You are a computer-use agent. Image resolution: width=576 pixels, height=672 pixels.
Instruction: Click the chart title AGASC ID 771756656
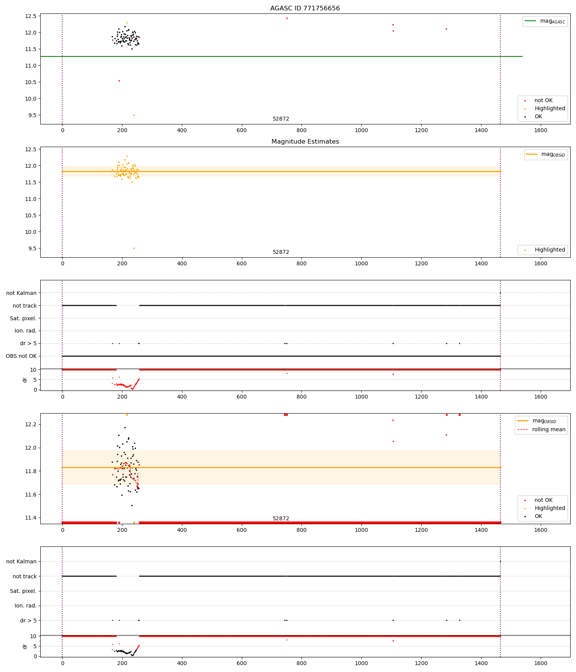pyautogui.click(x=305, y=8)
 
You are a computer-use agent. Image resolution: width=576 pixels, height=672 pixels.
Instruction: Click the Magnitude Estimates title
pyautogui.click(x=305, y=142)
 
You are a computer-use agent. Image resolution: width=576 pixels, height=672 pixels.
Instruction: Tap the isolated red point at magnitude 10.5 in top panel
pyautogui.click(x=119, y=81)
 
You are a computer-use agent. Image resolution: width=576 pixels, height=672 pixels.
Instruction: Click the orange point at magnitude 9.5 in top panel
pyautogui.click(x=134, y=115)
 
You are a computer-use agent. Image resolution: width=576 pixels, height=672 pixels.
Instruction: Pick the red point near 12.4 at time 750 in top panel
pyautogui.click(x=287, y=18)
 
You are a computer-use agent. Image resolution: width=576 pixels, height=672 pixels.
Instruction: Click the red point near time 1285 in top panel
pyautogui.click(x=446, y=29)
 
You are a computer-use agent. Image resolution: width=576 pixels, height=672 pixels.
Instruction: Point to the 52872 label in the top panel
pyautogui.click(x=281, y=119)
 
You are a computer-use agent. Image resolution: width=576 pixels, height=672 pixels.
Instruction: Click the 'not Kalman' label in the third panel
pyautogui.click(x=22, y=293)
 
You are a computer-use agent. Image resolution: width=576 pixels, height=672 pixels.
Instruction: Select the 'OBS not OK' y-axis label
pyautogui.click(x=21, y=356)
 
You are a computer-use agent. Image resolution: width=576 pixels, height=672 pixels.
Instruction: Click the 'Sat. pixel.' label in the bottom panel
pyautogui.click(x=23, y=591)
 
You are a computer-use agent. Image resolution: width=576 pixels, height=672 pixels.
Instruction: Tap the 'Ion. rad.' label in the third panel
pyautogui.click(x=25, y=331)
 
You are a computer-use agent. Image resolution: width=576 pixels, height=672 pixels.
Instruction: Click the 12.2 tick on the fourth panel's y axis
pyautogui.click(x=30, y=424)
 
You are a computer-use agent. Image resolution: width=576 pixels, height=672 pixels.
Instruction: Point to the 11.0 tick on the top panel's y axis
pyautogui.click(x=30, y=66)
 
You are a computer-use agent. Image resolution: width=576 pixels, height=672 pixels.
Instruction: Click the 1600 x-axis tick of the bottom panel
pyautogui.click(x=540, y=663)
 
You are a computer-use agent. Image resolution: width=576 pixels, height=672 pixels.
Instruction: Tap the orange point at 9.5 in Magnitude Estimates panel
pyautogui.click(x=134, y=248)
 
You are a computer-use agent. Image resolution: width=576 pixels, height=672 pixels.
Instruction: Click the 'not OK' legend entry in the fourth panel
pyautogui.click(x=543, y=500)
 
